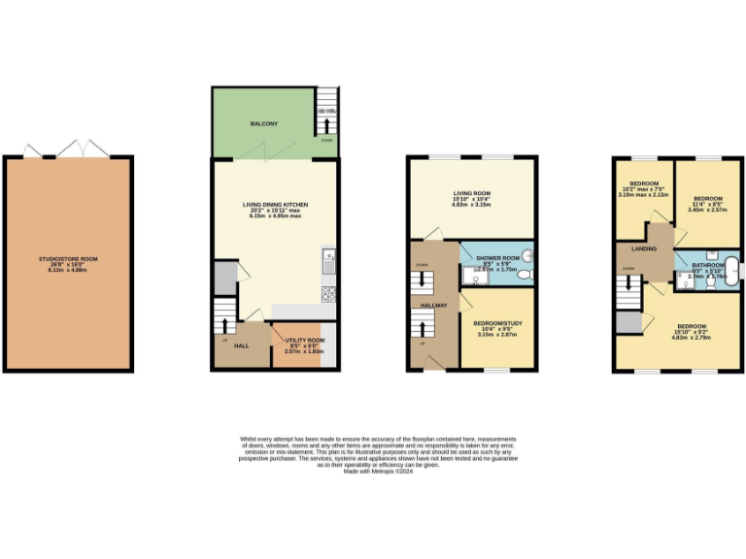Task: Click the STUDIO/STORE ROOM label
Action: [x=67, y=259]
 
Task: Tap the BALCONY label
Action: [x=263, y=124]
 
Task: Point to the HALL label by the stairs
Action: [x=239, y=345]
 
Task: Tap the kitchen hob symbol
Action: [x=328, y=290]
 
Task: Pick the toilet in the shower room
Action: [x=524, y=276]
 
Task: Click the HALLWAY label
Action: [x=433, y=306]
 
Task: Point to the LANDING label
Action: [x=643, y=249]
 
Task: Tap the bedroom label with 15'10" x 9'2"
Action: [x=692, y=326]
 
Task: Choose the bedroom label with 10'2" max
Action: [x=644, y=183]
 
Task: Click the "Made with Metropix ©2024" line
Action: [x=372, y=472]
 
